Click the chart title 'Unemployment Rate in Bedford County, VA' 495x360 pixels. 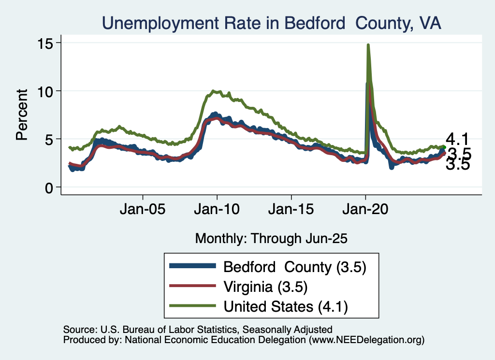271,23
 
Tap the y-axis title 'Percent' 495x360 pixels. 21,115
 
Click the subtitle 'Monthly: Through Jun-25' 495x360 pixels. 271,238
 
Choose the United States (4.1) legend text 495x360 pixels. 286,306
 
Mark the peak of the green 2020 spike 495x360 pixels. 368,45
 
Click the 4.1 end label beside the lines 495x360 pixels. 457,140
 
